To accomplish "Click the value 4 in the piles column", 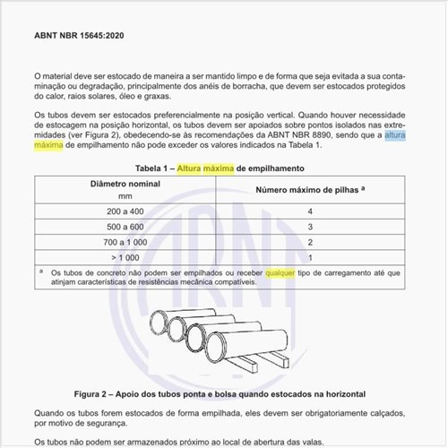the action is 309,211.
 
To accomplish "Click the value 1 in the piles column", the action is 309,257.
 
